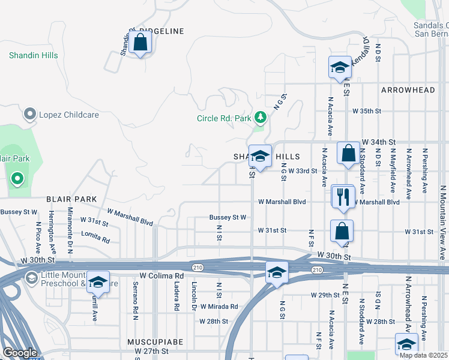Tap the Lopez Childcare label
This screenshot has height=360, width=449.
59,113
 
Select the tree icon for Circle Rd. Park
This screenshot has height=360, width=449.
260,118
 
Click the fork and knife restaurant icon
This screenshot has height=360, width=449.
343,197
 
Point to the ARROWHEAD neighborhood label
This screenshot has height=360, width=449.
408,90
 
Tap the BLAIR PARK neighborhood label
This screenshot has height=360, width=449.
71,199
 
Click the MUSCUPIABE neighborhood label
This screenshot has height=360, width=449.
155,341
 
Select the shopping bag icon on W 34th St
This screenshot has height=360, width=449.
348,154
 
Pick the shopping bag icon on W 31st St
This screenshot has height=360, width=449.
342,232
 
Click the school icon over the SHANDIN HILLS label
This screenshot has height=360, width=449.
260,157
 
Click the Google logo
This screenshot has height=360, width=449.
19,353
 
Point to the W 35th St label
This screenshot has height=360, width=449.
367,111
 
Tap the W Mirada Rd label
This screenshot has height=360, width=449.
219,306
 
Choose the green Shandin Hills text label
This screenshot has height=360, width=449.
34,55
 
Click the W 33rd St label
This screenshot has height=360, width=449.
302,171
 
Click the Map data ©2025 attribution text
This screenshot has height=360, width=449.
424,355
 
